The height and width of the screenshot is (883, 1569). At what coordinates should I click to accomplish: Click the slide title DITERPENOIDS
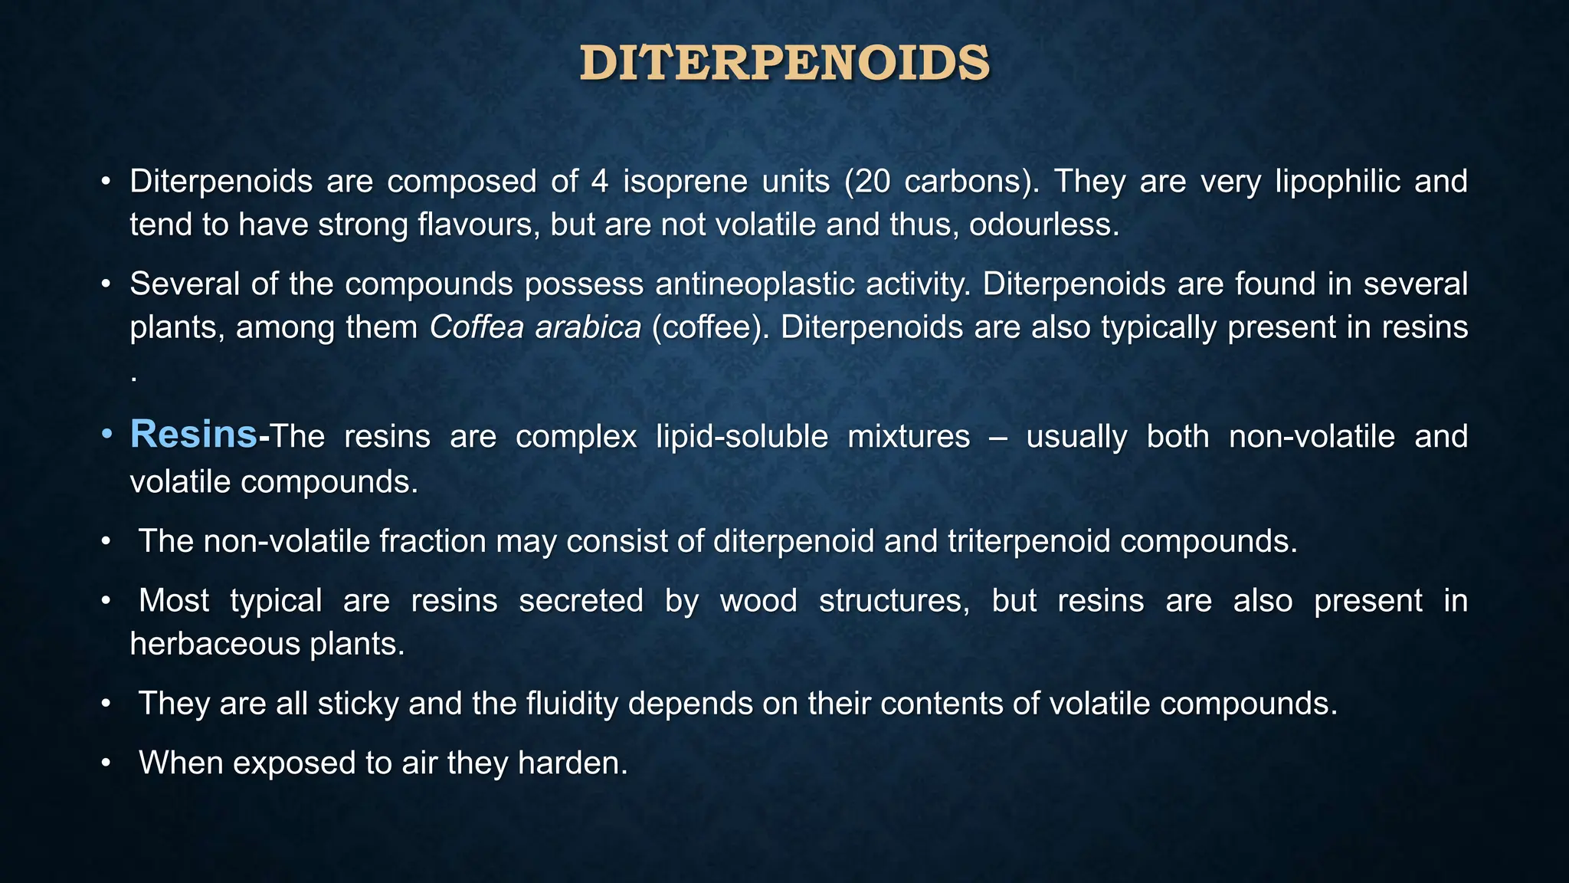click(784, 63)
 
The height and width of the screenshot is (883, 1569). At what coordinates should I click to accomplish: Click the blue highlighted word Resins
click(193, 435)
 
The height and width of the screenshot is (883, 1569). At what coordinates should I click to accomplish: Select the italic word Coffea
click(475, 327)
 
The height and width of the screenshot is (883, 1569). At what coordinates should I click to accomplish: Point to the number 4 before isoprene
click(600, 182)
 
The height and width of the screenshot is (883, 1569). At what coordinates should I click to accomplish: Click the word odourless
click(1043, 225)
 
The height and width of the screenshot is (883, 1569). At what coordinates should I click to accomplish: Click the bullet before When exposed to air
click(106, 763)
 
